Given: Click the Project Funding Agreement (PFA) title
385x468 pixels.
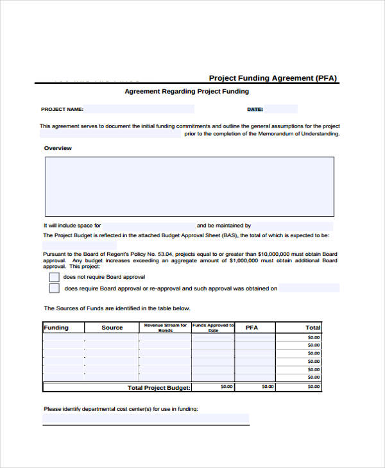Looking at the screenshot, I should click(x=273, y=78).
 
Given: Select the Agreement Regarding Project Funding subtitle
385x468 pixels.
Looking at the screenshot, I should click(x=187, y=92).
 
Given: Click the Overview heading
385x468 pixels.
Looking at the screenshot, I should click(x=58, y=148).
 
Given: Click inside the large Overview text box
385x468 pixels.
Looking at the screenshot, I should click(x=189, y=186).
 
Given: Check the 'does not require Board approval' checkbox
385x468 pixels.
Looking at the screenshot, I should click(x=55, y=277).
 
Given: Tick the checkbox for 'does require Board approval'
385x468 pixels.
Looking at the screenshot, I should click(x=55, y=288).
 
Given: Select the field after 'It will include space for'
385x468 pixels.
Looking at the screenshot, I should click(x=148, y=226).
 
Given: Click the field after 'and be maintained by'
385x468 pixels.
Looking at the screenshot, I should click(x=292, y=226).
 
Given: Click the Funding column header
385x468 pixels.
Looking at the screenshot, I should click(x=56, y=328).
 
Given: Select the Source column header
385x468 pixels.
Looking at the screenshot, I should click(x=112, y=328).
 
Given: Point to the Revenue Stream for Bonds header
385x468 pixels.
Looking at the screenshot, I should click(x=166, y=328).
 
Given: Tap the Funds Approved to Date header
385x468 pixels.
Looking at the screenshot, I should click(x=213, y=328).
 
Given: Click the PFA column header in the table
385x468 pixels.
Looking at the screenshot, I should click(x=252, y=328).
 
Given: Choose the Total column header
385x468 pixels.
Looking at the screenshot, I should click(x=312, y=328).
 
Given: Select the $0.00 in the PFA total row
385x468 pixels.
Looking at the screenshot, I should click(x=267, y=387).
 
